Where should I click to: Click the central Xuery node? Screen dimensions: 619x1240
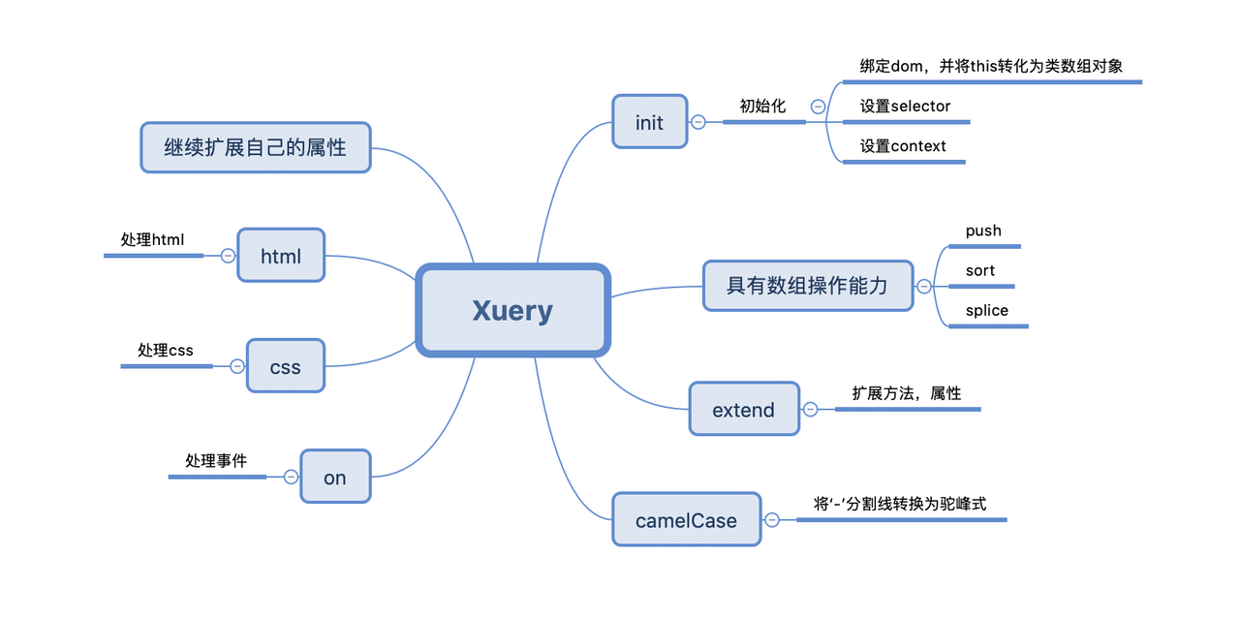pos(512,310)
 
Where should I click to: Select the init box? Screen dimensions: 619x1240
pos(649,122)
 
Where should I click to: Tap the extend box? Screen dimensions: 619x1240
pos(743,410)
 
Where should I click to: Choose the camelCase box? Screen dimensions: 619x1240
pos(686,520)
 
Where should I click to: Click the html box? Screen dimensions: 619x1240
pos(280,256)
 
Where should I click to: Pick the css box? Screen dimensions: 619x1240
pos(285,366)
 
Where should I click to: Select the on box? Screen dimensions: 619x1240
pos(334,477)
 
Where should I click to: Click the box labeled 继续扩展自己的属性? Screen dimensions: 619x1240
pos(255,147)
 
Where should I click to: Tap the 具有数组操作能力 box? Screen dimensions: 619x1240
pos(807,286)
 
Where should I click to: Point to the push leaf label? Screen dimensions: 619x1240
pos(983,231)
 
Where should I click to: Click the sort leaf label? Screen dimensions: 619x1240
pos(979,270)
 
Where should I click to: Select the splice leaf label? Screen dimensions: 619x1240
pos(986,310)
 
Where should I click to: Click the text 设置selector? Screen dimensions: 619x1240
pos(905,106)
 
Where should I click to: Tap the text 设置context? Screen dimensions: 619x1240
pos(903,146)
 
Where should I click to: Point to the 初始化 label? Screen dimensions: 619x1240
pos(762,106)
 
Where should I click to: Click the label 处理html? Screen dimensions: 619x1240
pos(152,239)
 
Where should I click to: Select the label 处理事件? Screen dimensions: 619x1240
pos(216,460)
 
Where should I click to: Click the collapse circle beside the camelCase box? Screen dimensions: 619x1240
pos(772,520)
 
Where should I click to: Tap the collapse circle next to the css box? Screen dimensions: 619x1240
pos(236,366)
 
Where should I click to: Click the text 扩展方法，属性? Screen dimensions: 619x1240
pos(907,393)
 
